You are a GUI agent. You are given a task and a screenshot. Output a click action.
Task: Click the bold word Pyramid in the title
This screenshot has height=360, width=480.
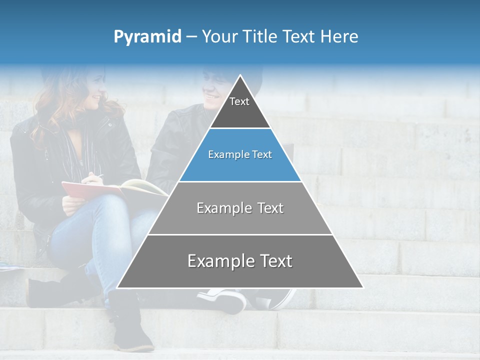(x=147, y=37)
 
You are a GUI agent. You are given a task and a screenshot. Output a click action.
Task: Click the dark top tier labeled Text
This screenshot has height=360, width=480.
(x=239, y=107)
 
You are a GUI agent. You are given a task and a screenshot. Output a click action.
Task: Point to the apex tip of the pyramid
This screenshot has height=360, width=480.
(x=240, y=77)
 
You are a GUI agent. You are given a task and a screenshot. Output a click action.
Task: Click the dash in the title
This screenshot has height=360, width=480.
(x=191, y=37)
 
